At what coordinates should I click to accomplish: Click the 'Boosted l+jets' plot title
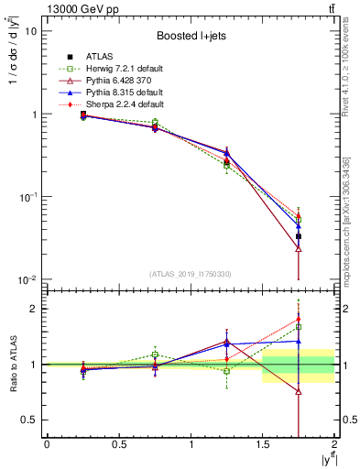pos(189,36)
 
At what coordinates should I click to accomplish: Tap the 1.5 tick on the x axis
pos(263,446)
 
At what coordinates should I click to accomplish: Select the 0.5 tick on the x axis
pos(118,446)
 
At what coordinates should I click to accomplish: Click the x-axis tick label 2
pos(334,446)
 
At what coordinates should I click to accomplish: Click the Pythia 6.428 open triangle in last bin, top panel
pos(299,248)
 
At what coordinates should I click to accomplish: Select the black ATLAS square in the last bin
pos(299,236)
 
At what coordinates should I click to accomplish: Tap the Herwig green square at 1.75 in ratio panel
pos(299,326)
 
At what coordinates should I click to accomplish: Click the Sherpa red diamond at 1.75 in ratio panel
pos(299,320)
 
